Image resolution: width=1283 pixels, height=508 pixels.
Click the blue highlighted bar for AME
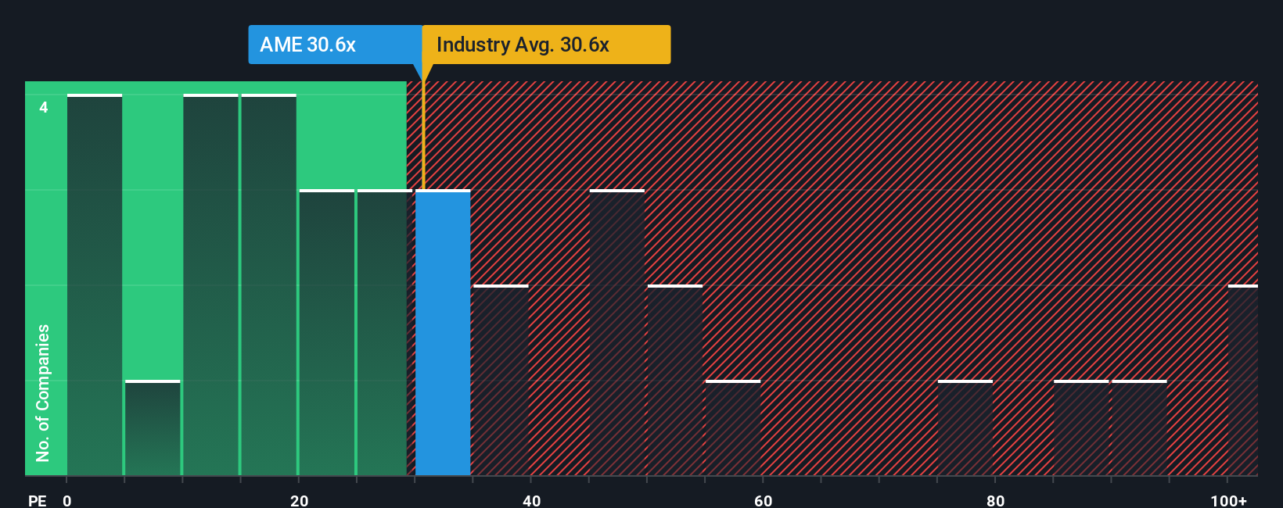coord(443,332)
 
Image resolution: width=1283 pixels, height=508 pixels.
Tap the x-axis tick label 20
coord(299,500)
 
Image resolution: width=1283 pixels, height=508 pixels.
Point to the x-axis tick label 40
coord(531,500)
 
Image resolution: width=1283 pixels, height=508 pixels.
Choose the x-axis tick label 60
coord(763,500)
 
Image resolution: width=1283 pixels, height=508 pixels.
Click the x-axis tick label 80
coord(995,500)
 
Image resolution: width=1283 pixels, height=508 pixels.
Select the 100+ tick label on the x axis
coord(1228,500)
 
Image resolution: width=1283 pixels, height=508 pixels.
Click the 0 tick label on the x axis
coord(67,500)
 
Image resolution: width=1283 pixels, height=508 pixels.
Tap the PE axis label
coord(37,500)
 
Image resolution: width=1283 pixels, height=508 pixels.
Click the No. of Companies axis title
coord(43,392)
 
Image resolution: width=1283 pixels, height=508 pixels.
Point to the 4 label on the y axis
coord(44,107)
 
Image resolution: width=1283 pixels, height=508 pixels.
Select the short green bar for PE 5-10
coord(153,428)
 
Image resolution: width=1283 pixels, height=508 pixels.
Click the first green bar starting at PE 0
coord(95,285)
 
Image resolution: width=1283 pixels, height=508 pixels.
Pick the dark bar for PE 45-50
coord(617,332)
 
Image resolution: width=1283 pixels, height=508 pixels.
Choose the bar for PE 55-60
coord(733,428)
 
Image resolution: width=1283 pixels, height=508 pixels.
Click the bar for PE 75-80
coord(965,428)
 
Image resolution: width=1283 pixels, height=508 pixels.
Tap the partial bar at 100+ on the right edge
coord(1243,381)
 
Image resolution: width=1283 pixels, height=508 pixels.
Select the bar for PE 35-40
coord(501,381)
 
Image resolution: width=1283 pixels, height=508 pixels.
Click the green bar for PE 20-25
coord(327,332)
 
